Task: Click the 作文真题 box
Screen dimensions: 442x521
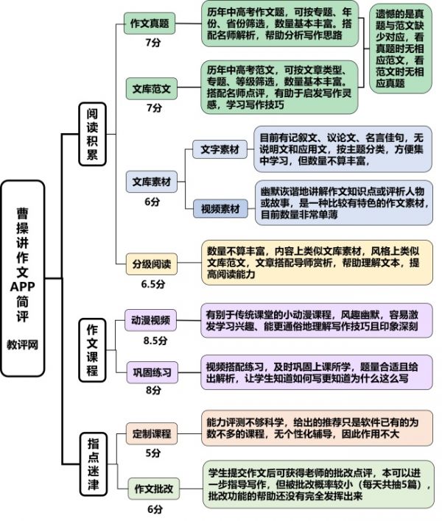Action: pos(150,24)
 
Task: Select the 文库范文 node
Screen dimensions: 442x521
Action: pos(151,89)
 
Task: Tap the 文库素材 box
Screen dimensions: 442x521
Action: pos(151,182)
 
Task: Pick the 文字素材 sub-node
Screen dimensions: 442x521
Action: pos(220,149)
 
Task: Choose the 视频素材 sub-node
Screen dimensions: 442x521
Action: pos(220,209)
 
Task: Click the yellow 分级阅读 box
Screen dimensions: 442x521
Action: pos(151,264)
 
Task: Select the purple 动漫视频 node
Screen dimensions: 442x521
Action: pos(150,320)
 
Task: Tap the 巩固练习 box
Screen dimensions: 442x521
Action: pos(152,372)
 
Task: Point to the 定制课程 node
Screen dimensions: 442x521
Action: pos(151,433)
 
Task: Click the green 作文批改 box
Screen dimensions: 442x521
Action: pos(154,489)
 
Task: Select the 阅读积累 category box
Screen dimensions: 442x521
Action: pos(92,134)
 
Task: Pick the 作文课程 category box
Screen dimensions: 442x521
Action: pos(92,350)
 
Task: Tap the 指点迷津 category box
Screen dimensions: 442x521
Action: pos(93,464)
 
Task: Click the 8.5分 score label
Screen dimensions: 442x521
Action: pos(155,341)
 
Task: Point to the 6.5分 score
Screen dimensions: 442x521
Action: pos(153,284)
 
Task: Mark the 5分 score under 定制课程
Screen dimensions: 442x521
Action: pos(153,453)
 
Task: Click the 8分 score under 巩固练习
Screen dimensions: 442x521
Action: pos(153,390)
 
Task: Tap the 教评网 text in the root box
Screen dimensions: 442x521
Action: pos(22,344)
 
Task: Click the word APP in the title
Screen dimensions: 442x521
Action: pos(22,286)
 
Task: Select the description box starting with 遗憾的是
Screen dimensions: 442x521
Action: pos(400,49)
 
